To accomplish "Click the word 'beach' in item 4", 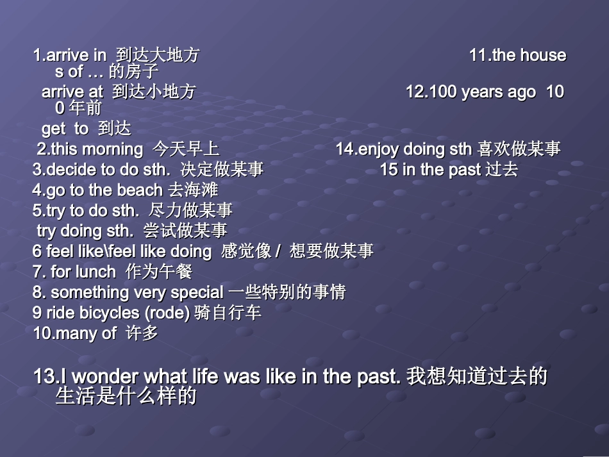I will pyautogui.click(x=140, y=190).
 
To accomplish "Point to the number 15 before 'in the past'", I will pyautogui.click(x=388, y=170).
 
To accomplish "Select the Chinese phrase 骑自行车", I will pyautogui.click(x=228, y=313).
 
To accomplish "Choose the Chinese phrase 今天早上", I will pyautogui.click(x=186, y=149).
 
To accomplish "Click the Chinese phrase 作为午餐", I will pyautogui.click(x=159, y=272).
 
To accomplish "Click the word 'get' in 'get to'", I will pyautogui.click(x=53, y=129).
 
